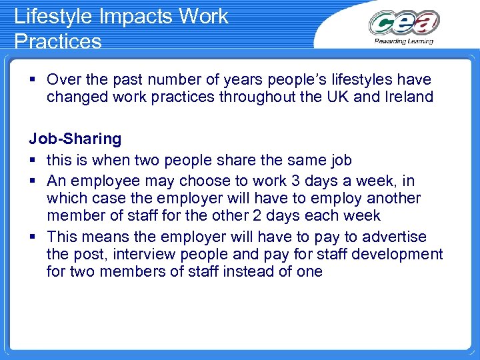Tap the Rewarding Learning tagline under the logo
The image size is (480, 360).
(x=404, y=41)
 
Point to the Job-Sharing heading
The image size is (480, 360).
(x=75, y=139)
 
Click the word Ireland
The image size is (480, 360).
(x=408, y=97)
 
